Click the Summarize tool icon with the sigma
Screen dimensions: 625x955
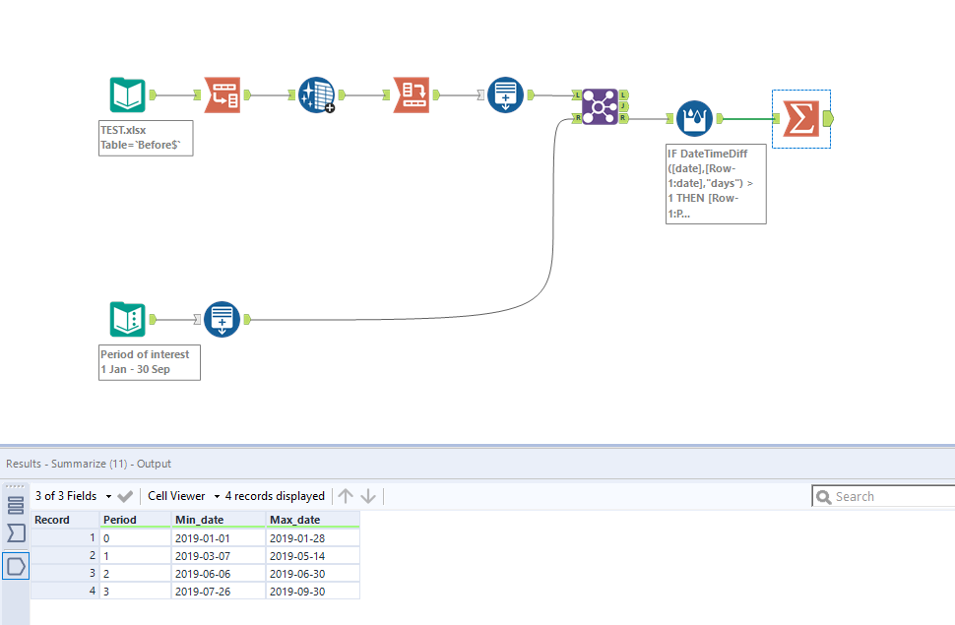pyautogui.click(x=800, y=119)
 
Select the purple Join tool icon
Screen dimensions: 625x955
pyautogui.click(x=600, y=106)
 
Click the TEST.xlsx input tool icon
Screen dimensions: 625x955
pyautogui.click(x=128, y=95)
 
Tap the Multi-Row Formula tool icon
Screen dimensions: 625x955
pyautogui.click(x=694, y=119)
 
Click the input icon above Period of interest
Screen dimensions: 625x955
pyautogui.click(x=128, y=320)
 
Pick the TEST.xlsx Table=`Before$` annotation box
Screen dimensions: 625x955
pyautogui.click(x=146, y=138)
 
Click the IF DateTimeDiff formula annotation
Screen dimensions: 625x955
pyautogui.click(x=716, y=182)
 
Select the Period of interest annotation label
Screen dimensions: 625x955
pyautogui.click(x=150, y=361)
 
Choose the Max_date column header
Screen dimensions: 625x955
pyautogui.click(x=295, y=520)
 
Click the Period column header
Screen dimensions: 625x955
pyautogui.click(x=120, y=520)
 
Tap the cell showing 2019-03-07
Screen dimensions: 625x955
pyautogui.click(x=202, y=555)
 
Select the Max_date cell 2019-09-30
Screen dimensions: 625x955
pyautogui.click(x=296, y=591)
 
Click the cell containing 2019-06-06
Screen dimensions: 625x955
pyautogui.click(x=202, y=573)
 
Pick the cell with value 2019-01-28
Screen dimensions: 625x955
pyautogui.click(x=296, y=538)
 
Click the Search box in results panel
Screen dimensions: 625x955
pyautogui.click(x=886, y=497)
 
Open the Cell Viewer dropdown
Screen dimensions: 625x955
pyautogui.click(x=183, y=496)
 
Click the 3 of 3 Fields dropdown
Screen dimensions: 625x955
pyautogui.click(x=70, y=496)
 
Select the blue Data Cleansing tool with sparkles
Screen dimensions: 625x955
pyautogui.click(x=317, y=95)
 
